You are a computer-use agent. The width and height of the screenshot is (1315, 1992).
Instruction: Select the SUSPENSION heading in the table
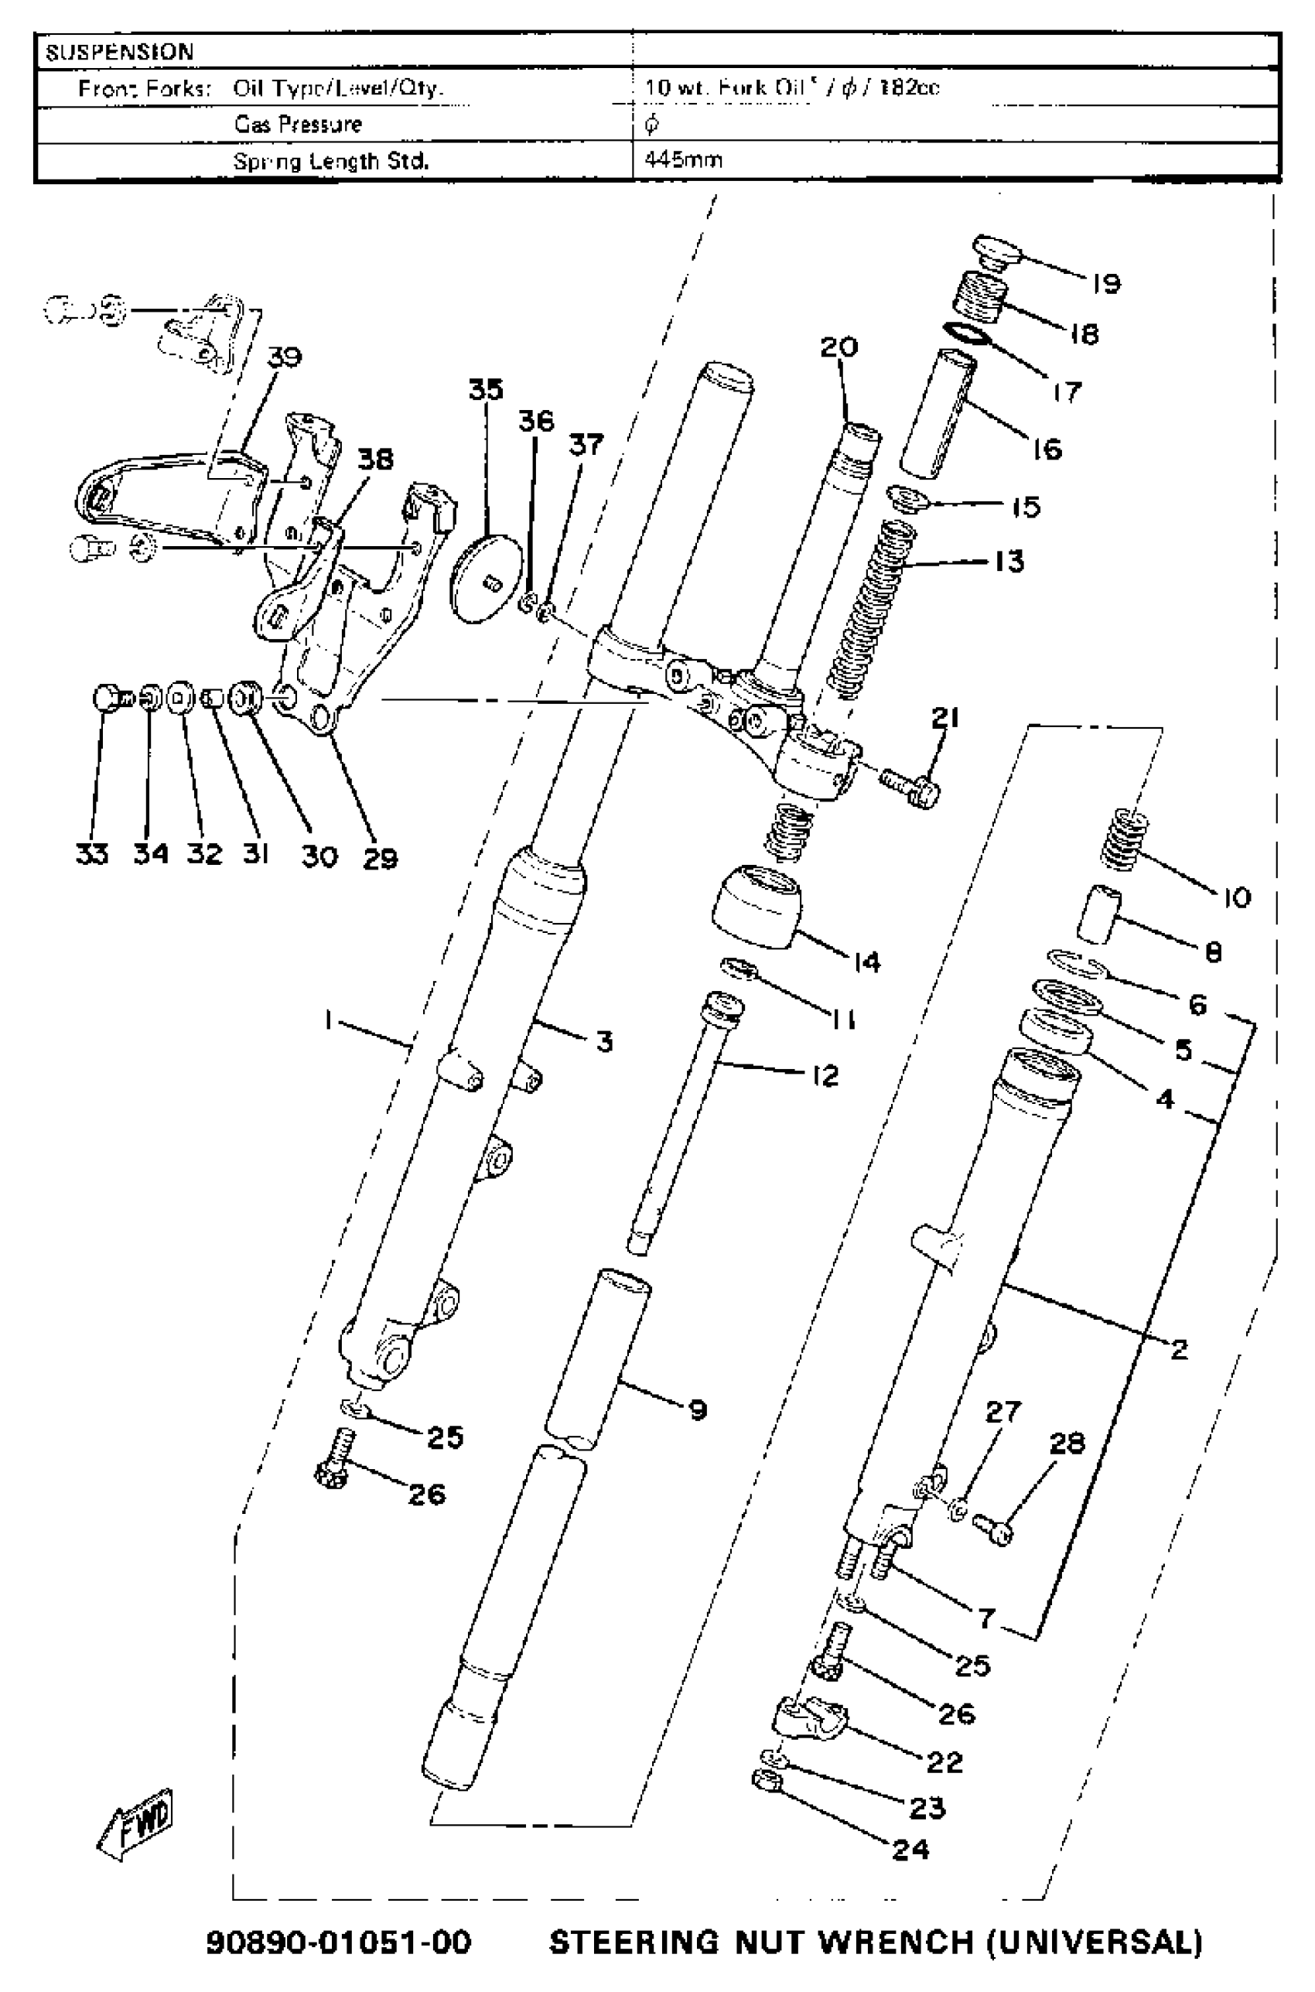[x=119, y=52]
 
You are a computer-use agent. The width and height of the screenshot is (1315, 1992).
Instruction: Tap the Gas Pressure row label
[x=298, y=124]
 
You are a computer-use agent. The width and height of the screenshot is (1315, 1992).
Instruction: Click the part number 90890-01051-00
[x=339, y=1941]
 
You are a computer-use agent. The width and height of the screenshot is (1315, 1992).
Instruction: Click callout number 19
[x=1106, y=283]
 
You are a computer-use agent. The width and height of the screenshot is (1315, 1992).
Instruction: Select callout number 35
[x=486, y=390]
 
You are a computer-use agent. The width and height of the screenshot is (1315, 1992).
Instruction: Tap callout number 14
[x=867, y=962]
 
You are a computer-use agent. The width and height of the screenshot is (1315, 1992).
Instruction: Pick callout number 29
[x=380, y=857]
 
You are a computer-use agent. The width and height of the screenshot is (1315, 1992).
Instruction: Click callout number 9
[x=698, y=1410]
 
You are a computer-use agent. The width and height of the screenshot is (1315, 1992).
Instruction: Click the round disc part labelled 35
[x=487, y=579]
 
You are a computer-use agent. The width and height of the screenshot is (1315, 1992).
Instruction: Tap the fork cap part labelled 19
[x=996, y=251]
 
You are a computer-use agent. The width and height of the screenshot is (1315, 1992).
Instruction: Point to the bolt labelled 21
[x=912, y=786]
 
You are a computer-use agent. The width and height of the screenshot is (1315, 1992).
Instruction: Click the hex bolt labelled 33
[x=107, y=698]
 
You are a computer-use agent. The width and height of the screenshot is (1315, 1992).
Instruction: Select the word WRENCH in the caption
[x=894, y=1941]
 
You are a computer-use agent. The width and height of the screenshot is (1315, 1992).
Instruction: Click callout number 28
[x=1067, y=1444]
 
